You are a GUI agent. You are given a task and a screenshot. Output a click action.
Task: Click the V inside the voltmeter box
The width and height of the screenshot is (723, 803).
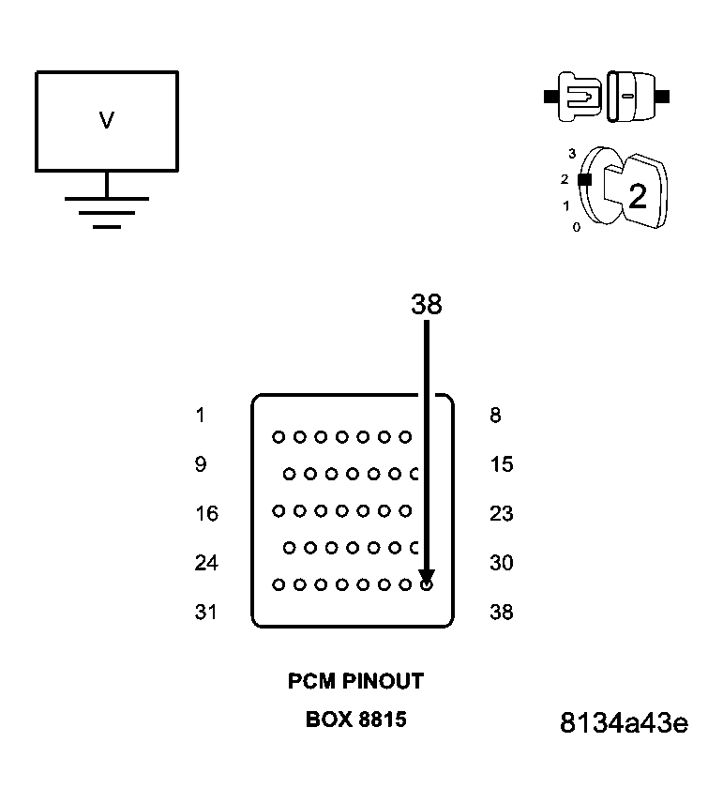(106, 120)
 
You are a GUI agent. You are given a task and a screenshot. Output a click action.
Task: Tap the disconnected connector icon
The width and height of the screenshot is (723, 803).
(607, 96)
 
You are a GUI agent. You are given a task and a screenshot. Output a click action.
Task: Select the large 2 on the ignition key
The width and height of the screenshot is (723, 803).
(638, 197)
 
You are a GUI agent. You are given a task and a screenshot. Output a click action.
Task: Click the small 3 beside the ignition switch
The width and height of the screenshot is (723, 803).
(572, 153)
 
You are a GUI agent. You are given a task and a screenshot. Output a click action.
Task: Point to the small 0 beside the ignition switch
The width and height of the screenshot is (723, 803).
(576, 227)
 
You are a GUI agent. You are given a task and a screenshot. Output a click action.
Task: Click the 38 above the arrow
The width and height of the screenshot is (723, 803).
(426, 304)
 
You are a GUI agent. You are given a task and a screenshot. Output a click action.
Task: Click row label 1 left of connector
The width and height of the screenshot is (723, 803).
(201, 416)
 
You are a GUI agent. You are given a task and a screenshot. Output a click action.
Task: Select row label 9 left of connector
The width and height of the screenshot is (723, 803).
(201, 464)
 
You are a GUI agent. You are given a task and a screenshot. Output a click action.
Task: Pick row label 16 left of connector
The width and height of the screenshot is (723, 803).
(206, 513)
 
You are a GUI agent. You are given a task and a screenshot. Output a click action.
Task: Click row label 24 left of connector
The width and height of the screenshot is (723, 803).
(206, 563)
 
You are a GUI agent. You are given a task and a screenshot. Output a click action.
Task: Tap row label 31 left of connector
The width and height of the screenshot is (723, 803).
(206, 612)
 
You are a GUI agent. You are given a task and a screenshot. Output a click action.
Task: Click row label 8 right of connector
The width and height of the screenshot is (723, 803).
(495, 416)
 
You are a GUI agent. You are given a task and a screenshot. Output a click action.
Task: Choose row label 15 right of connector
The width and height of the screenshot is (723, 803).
(502, 464)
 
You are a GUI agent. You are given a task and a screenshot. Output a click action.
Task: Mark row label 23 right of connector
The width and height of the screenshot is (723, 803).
(502, 513)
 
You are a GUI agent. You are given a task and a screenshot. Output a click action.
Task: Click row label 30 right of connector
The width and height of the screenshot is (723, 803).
(502, 563)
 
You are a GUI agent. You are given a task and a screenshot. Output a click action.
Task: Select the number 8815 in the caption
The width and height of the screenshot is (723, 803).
(382, 720)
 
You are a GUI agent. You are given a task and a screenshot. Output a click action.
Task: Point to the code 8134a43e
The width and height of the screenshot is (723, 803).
(624, 724)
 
